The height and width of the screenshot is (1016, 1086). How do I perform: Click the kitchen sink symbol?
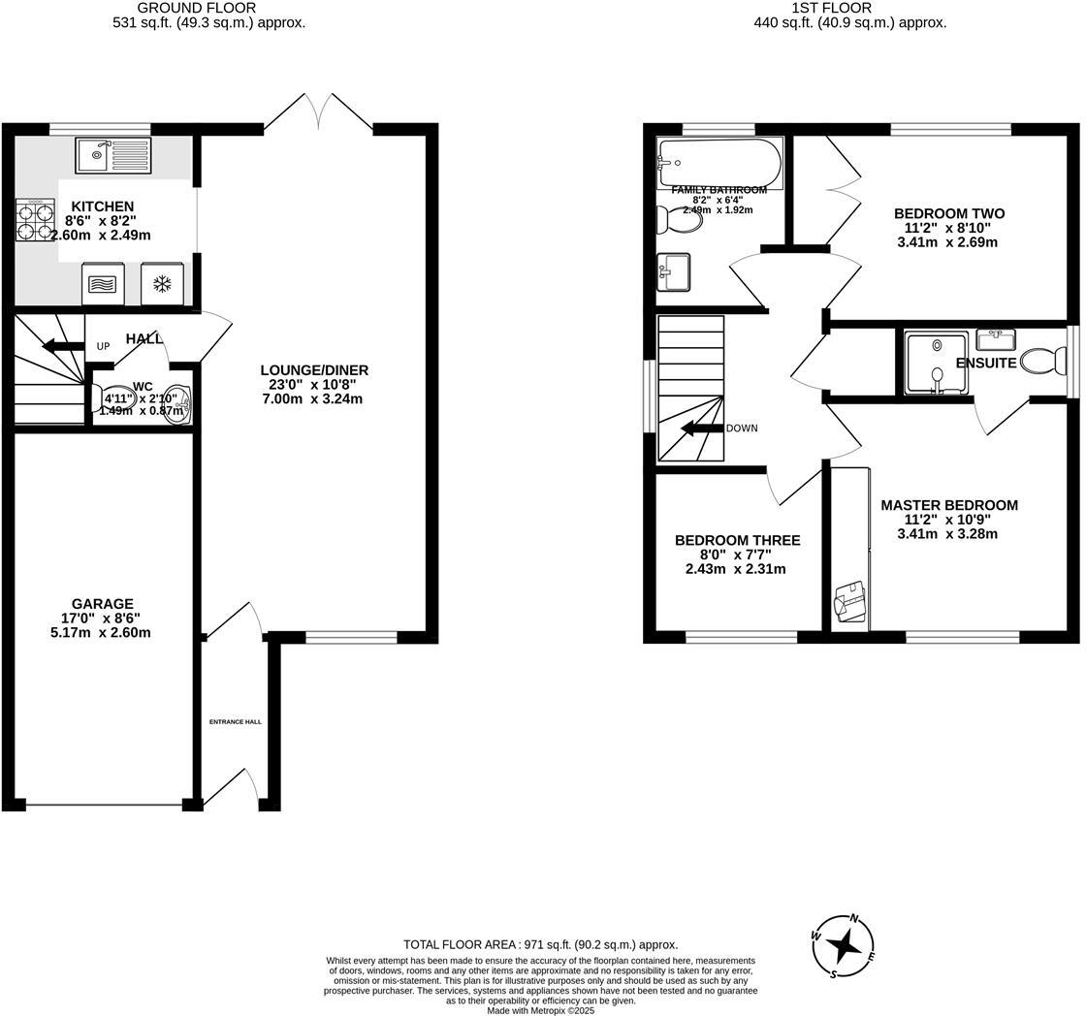tap(112, 155)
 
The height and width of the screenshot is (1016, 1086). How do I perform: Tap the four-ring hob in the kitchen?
tap(36, 220)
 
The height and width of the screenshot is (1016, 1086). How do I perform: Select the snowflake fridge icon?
tap(162, 284)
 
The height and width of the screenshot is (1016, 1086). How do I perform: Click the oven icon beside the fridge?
tap(104, 284)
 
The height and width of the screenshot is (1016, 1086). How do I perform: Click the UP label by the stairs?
tap(103, 346)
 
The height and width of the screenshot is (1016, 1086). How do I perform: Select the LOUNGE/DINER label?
tap(314, 370)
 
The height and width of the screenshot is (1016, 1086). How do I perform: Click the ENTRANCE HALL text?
tap(236, 721)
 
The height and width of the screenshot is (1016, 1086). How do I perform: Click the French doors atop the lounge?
tap(318, 112)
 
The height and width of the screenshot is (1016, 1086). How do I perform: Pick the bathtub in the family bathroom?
tap(719, 162)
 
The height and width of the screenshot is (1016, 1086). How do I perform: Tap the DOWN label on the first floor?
tap(741, 429)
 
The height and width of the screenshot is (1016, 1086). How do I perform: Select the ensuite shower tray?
tap(936, 364)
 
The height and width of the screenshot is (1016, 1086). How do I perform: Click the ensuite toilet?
tap(1043, 363)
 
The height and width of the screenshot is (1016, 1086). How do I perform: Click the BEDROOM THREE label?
tap(737, 540)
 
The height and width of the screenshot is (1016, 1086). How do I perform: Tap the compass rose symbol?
tap(843, 944)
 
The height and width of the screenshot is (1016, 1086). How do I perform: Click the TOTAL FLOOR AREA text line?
tap(540, 944)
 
